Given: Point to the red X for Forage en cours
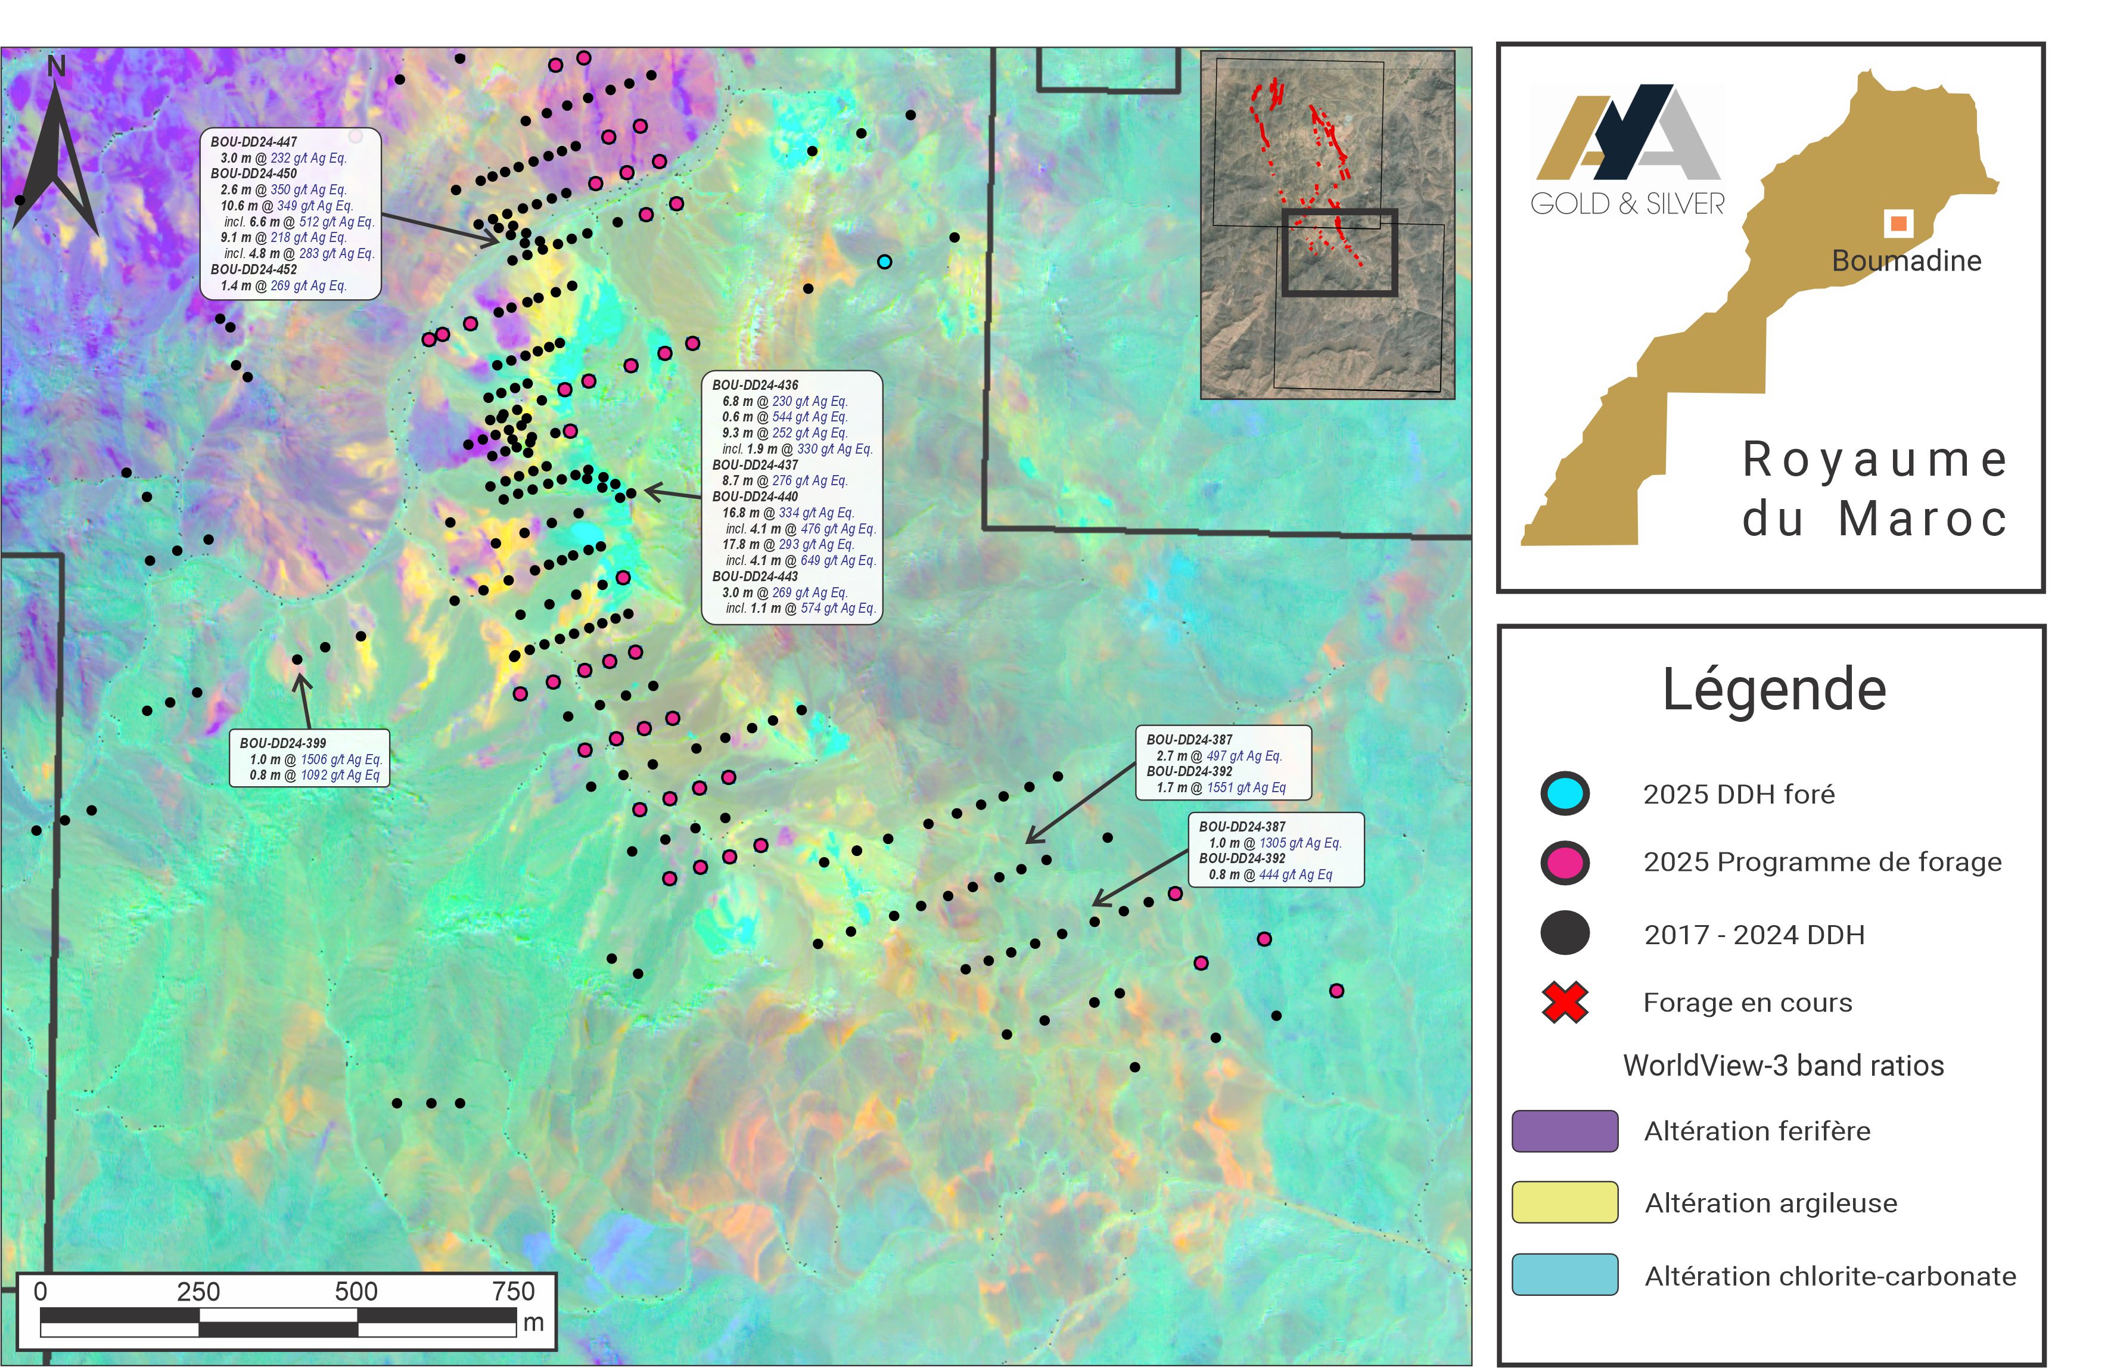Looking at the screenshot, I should [1564, 1002].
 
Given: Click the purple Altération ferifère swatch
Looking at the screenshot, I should [1564, 1131].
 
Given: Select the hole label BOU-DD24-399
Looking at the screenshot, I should [282, 743].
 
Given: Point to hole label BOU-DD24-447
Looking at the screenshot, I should [253, 141].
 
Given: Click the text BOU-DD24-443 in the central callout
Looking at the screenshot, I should [755, 576].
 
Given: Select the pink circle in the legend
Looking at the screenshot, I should [1564, 863].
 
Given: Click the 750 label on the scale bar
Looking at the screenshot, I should [513, 1291].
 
